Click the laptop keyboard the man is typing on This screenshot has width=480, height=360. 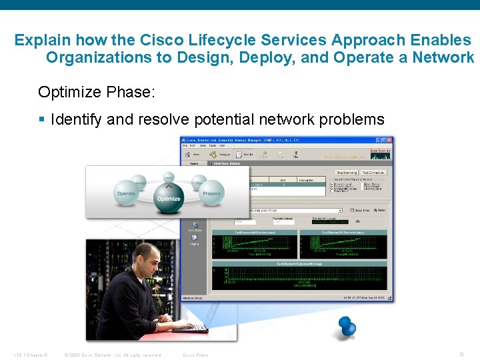pyautogui.click(x=191, y=329)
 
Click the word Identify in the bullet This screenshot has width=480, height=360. pyautogui.click(x=76, y=120)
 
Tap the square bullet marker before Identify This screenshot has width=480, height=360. pyautogui.click(x=42, y=121)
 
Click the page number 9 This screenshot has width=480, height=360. pyautogui.click(x=462, y=354)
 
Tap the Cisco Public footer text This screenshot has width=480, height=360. pyautogui.click(x=195, y=355)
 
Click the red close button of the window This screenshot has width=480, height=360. pyautogui.click(x=389, y=140)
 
